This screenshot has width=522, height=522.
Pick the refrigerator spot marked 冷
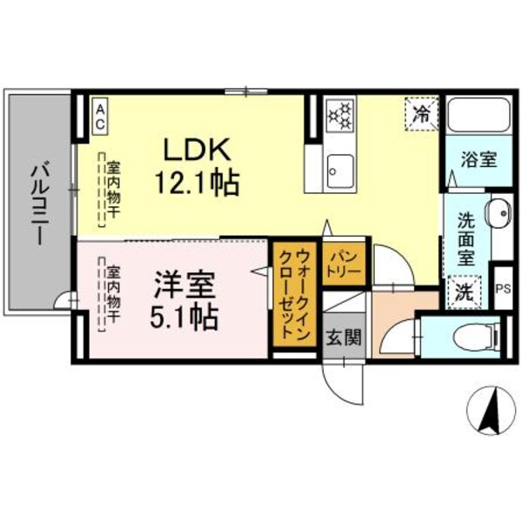click(x=421, y=113)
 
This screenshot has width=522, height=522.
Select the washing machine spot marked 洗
click(x=465, y=291)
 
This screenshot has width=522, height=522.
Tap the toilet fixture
click(x=474, y=336)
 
